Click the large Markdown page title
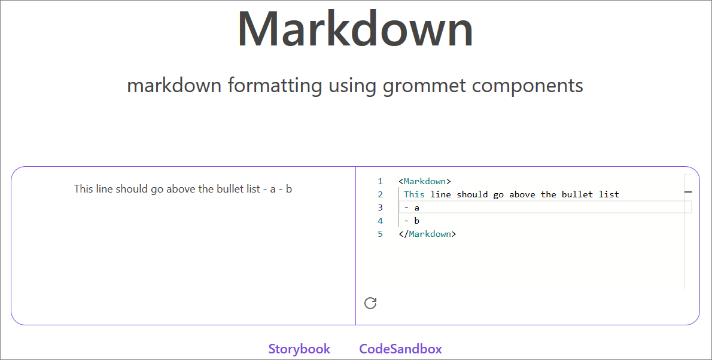(x=355, y=29)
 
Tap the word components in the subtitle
(x=527, y=86)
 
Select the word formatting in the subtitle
(x=276, y=86)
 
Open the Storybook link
(x=299, y=349)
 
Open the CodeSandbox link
(x=400, y=349)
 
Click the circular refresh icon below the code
(x=370, y=303)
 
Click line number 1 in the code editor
(x=380, y=181)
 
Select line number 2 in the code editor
(x=380, y=194)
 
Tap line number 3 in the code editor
(x=380, y=208)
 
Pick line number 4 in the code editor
(x=380, y=221)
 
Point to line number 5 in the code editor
(x=380, y=234)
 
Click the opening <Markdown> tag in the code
(x=424, y=181)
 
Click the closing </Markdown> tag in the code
(x=427, y=234)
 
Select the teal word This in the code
(x=414, y=194)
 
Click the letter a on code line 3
(x=416, y=208)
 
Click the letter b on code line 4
(x=416, y=221)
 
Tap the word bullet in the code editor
(x=577, y=194)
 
